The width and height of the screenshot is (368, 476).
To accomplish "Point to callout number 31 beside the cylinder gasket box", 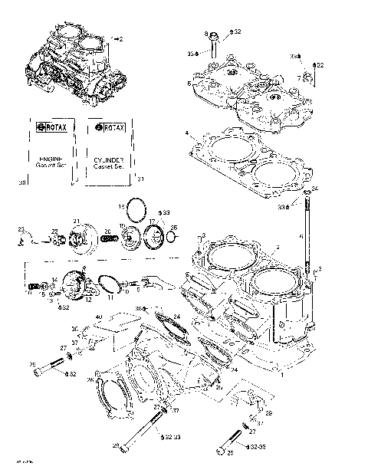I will tap(140, 179).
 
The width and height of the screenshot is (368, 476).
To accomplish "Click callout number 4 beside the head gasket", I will tap(186, 133).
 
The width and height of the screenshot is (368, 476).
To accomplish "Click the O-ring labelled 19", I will tap(136, 208).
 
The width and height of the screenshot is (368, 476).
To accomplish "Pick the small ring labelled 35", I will tap(173, 237).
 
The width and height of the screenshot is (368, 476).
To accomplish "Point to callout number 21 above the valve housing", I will tap(76, 222).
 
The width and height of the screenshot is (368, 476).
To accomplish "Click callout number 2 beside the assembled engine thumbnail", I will tap(120, 38).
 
